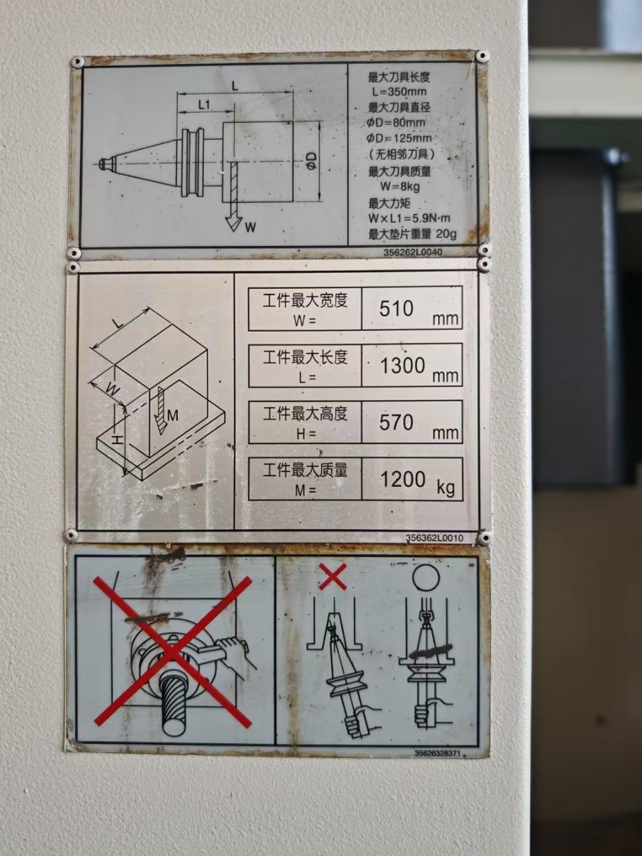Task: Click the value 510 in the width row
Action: (x=396, y=308)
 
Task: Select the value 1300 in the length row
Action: (x=403, y=365)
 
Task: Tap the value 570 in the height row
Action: (x=396, y=423)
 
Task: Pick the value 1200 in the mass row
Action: (x=403, y=479)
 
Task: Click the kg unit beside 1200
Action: (x=445, y=488)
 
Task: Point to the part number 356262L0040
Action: (x=413, y=252)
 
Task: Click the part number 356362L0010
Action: (x=434, y=538)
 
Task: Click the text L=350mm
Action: (x=398, y=92)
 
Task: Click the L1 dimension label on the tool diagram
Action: (x=204, y=104)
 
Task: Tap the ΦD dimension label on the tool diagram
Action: (x=311, y=160)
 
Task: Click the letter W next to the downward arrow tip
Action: (x=251, y=227)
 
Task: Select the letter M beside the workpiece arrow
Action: (x=173, y=416)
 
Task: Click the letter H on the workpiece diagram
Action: (x=117, y=440)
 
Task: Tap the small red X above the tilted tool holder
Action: (x=332, y=576)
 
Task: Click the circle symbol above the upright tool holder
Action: (x=426, y=578)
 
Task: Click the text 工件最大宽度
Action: (x=305, y=301)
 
